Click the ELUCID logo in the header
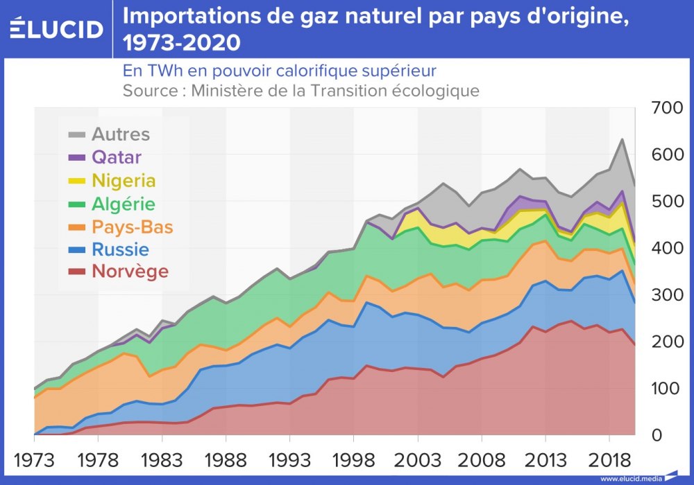(56, 28)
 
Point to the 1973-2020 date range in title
(182, 43)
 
